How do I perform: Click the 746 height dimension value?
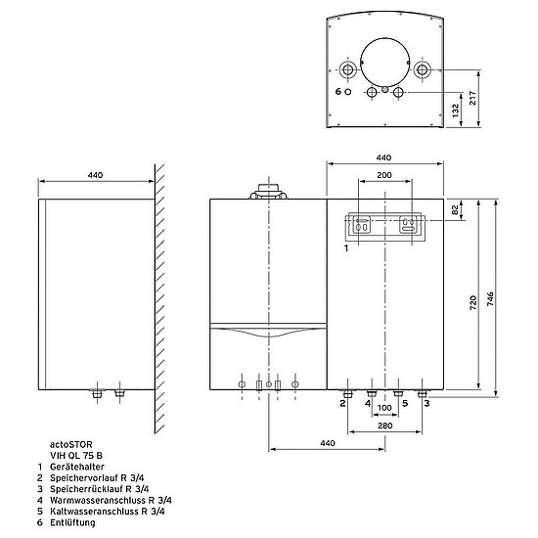pos(490,299)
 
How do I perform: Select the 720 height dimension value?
pos(473,303)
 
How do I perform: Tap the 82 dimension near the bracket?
pos(455,210)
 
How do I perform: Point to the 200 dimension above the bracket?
pos(384,175)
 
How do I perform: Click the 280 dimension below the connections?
pos(385,426)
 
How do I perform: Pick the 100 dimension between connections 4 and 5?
pos(384,408)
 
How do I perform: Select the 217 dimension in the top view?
pos(472,98)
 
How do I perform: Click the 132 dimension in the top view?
pos(455,111)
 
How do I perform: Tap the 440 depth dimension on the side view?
pos(95,175)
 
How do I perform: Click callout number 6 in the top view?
pos(338,92)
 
